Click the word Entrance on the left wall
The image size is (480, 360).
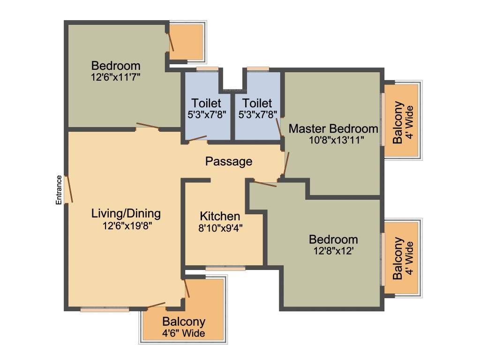point(59,190)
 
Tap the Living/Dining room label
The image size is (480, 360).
point(126,214)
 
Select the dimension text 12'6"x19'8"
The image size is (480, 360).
point(127,225)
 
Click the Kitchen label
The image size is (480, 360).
point(220,216)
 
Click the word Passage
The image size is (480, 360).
point(229,162)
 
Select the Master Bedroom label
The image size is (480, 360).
point(333,128)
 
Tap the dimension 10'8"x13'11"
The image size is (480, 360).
point(333,140)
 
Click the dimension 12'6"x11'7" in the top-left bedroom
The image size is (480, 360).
point(116,77)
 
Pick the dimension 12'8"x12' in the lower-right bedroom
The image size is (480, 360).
point(333,251)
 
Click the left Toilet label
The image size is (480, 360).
point(206,103)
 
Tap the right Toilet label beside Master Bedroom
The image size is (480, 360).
point(257,103)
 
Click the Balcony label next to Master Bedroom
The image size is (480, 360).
point(398,122)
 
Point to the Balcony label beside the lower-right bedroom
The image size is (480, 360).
point(398,258)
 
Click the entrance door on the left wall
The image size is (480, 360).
point(69,189)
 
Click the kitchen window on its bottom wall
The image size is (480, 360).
point(225,268)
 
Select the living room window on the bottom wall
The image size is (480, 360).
point(104,309)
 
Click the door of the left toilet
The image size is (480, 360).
point(197,138)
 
